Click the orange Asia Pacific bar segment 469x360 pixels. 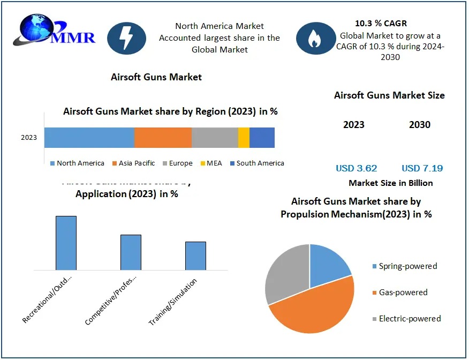pos(163,138)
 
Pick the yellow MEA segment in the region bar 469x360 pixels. pos(244,138)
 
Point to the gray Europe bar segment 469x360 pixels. pos(215,138)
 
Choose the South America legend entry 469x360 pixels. pos(257,163)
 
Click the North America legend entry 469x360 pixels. pos(77,163)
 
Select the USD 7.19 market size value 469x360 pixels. pos(422,168)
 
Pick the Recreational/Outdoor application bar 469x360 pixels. pos(66,243)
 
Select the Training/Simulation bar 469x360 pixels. pos(195,256)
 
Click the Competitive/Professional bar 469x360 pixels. pos(131,252)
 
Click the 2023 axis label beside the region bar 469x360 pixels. pos(29,138)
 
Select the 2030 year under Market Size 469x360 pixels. pos(420,125)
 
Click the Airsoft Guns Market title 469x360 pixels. pos(156,77)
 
